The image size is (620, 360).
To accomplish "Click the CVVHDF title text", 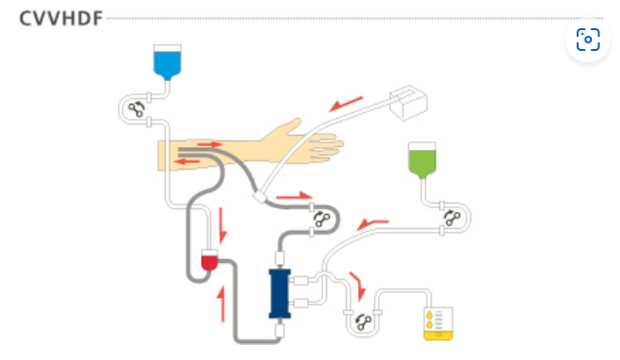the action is coord(61,19).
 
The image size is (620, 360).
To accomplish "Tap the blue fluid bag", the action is coord(168,62).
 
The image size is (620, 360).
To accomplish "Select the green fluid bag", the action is coord(422,160).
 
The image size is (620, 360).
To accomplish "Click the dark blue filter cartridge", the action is coord(280,293).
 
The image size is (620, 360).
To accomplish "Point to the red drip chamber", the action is coord(209,260).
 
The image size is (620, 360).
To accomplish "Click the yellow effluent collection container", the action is coord(438,323).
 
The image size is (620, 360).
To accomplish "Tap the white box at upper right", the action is coord(408,103).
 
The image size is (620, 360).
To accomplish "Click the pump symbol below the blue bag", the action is coord(137,109).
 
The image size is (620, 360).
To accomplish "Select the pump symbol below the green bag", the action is coord(452,218).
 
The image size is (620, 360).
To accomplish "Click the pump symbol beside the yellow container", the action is coord(364,322).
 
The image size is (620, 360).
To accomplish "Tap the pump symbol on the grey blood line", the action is coord(321,220).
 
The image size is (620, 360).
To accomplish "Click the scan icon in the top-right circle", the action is coord(588,40).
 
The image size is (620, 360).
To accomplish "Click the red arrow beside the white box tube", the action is coord(346,104).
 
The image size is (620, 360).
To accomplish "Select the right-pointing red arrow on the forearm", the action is coord(209,144).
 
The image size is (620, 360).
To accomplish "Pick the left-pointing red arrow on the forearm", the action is coord(187,161).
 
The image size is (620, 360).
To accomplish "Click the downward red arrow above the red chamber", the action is coord(222,225).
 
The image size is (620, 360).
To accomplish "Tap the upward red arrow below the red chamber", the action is coord(222,303).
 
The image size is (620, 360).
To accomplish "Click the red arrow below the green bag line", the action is coord(372,224).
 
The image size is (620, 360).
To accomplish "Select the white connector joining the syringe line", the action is coord(260,197).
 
